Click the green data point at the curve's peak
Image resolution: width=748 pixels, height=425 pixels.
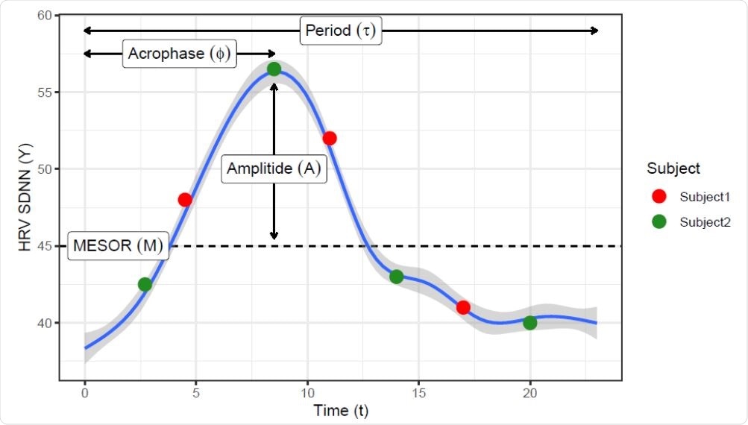coord(274,69)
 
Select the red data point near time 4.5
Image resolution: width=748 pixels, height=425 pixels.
coord(185,200)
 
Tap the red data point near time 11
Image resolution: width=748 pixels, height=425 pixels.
coord(330,138)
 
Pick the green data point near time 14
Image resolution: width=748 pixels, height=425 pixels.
coord(396,277)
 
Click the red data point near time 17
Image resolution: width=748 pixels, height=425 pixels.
coord(463,307)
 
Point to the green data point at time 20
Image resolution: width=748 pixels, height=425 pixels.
coord(529,323)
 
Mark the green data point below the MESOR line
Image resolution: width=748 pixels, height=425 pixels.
coord(145,284)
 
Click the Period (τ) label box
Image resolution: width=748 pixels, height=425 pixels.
coord(341,31)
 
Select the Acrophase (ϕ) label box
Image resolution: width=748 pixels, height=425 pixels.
coord(180,54)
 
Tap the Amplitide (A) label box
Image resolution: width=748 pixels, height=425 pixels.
coord(274,169)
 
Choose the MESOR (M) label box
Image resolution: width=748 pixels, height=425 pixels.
coord(118,246)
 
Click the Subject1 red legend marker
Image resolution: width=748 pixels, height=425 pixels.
coord(659,197)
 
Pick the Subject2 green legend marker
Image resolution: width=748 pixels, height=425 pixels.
coord(659,221)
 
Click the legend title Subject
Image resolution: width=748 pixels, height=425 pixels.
coord(673,169)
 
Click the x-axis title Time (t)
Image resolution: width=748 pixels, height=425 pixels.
coord(341,410)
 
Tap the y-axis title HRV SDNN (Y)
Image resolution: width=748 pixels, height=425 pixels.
coord(25,198)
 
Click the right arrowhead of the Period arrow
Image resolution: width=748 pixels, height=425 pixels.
coord(594,31)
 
